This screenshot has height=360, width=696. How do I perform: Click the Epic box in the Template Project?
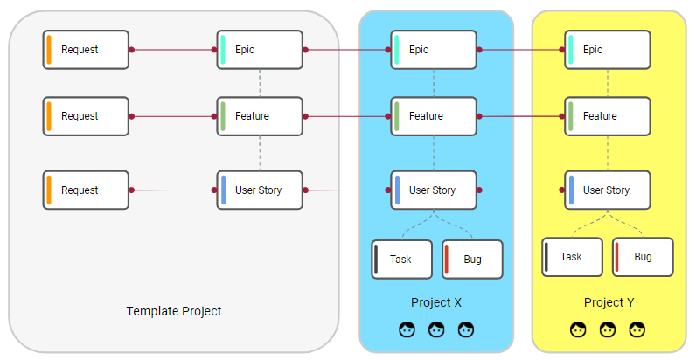[x=260, y=50]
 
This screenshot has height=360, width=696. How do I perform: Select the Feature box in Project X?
[x=434, y=116]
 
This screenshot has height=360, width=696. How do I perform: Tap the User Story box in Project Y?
[x=608, y=190]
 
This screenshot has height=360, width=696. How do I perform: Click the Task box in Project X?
[x=402, y=260]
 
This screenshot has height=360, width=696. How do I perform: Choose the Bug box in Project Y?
[x=643, y=257]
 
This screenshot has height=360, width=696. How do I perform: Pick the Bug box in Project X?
[x=472, y=260]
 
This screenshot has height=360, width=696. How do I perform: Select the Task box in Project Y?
[x=572, y=257]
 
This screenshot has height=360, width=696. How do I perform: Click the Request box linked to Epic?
[x=86, y=50]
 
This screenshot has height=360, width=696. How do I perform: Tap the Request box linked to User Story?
[x=86, y=190]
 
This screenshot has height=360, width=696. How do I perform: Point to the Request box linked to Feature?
[x=86, y=116]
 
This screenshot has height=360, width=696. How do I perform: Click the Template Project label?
[x=174, y=311]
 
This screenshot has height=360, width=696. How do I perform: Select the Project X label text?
[x=435, y=302]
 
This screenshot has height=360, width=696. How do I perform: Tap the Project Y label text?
[x=609, y=302]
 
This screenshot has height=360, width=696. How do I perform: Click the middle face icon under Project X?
[x=436, y=330]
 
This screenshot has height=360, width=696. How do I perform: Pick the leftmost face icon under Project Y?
[x=578, y=330]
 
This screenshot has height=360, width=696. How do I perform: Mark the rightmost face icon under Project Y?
[x=637, y=330]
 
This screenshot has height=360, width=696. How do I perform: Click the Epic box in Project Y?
[x=608, y=50]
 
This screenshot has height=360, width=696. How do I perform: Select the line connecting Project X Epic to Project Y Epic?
[x=521, y=50]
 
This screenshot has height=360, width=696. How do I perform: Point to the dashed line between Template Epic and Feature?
[x=260, y=83]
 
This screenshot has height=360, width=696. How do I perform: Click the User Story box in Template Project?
[x=260, y=190]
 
